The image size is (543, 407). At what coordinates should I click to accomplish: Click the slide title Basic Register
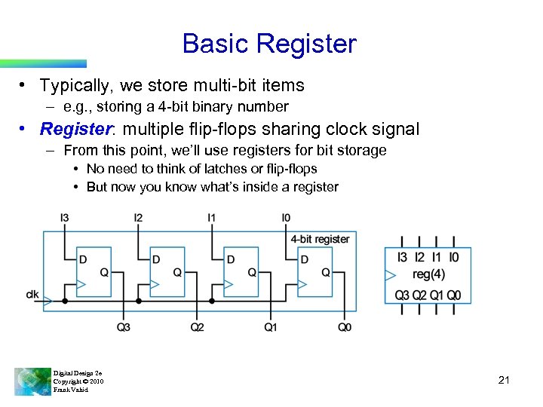click(x=268, y=44)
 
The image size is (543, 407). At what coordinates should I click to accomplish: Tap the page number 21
click(x=505, y=380)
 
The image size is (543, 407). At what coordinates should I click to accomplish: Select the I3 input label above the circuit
click(x=65, y=218)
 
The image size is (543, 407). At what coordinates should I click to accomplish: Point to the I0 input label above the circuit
click(x=286, y=218)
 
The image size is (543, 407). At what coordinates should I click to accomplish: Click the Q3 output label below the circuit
click(x=124, y=327)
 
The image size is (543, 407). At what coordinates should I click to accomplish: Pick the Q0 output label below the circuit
click(x=344, y=327)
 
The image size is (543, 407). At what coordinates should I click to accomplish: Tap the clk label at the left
click(x=32, y=293)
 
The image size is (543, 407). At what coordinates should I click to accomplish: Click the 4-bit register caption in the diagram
click(x=321, y=239)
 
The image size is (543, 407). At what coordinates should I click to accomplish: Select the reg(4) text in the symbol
click(x=428, y=274)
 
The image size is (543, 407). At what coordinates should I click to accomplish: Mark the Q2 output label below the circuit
click(x=197, y=327)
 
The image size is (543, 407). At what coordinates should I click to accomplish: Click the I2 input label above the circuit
click(x=138, y=218)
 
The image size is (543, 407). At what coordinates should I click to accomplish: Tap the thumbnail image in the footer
click(x=32, y=381)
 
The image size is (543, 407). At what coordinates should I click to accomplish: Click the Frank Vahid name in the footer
click(x=71, y=390)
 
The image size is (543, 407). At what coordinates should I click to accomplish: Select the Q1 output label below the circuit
click(x=271, y=327)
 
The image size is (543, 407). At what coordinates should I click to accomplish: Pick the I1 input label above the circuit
click(x=212, y=218)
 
